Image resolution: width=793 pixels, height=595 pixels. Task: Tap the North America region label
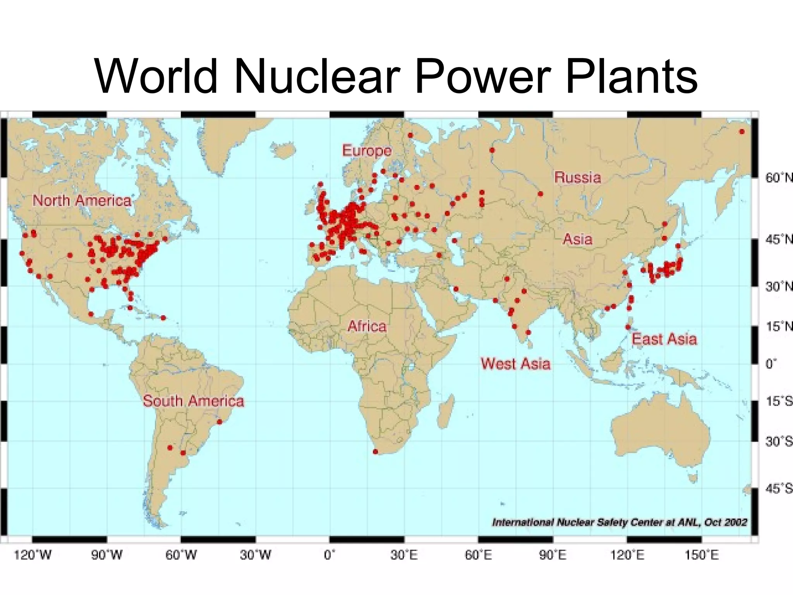pyautogui.click(x=82, y=201)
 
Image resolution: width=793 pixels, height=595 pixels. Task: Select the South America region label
pyautogui.click(x=193, y=401)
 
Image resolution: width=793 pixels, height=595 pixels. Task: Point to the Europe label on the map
pyautogui.click(x=367, y=151)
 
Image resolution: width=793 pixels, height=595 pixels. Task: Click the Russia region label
pyautogui.click(x=577, y=177)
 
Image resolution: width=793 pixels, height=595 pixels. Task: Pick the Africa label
pyautogui.click(x=367, y=326)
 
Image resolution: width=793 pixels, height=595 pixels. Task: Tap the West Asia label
pyautogui.click(x=515, y=364)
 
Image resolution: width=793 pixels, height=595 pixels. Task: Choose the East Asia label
pyautogui.click(x=664, y=339)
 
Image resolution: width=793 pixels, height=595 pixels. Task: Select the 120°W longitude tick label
pyautogui.click(x=33, y=555)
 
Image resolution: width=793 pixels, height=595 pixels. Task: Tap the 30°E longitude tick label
pyautogui.click(x=404, y=555)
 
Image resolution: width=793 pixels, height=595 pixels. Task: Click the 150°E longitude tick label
pyautogui.click(x=701, y=555)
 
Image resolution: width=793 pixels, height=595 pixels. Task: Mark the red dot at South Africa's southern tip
pyautogui.click(x=375, y=452)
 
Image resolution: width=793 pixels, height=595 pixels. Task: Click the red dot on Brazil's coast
pyautogui.click(x=220, y=421)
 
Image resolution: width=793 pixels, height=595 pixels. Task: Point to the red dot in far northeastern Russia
pyautogui.click(x=742, y=132)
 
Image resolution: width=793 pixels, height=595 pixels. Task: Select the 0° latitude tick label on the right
pyautogui.click(x=771, y=364)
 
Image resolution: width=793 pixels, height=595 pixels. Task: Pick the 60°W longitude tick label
pyautogui.click(x=181, y=555)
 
